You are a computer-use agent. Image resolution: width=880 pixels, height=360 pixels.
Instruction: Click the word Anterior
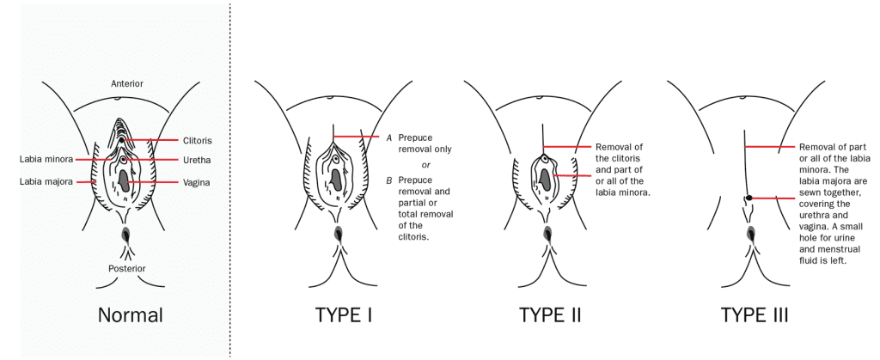(126, 83)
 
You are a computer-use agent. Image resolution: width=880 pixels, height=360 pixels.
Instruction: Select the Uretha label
(197, 160)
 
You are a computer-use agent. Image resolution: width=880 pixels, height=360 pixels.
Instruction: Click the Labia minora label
(46, 159)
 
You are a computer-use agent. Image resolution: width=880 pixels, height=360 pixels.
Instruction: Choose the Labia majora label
(46, 182)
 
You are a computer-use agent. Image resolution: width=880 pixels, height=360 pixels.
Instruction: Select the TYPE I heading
(342, 314)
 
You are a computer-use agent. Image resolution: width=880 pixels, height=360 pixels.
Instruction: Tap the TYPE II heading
(550, 314)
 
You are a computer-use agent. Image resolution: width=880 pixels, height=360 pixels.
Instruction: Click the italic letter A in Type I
(388, 137)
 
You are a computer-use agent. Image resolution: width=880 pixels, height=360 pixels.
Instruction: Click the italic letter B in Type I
(388, 180)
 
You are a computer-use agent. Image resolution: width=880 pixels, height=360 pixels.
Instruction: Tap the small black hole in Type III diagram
(749, 198)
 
